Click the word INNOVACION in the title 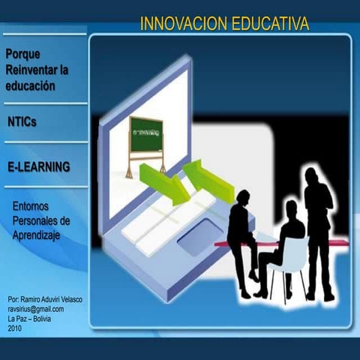point(180,25)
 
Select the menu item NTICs point(22,121)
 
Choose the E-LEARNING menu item point(38,166)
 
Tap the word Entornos point(33,205)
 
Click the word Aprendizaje point(37,235)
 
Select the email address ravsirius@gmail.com point(36,309)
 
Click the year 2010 point(15,328)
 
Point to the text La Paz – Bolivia point(31,319)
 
